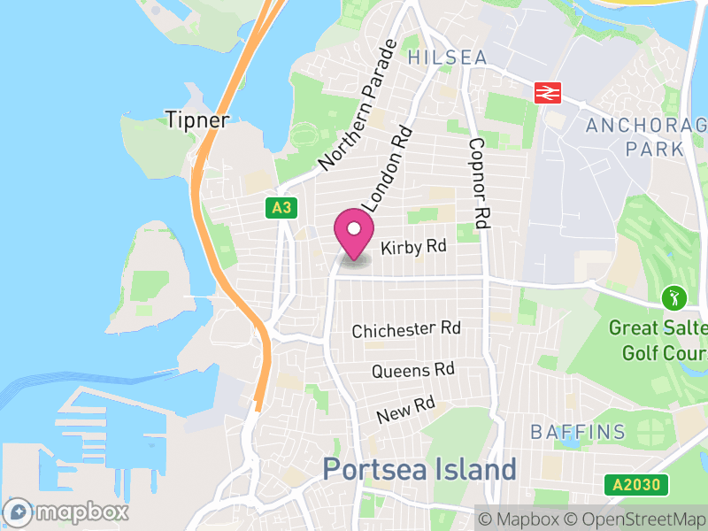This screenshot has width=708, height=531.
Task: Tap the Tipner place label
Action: pos(197,119)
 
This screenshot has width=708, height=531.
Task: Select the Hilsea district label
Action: pos(447,58)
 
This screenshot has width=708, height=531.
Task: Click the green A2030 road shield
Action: pos(635,485)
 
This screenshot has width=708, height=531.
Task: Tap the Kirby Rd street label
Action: pos(412,249)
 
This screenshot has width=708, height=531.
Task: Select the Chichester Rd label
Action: pos(406,330)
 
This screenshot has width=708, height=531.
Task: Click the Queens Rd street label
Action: pos(412,371)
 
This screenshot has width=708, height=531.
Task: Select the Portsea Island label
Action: pos(419,469)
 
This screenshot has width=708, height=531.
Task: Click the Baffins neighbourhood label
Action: pos(578,433)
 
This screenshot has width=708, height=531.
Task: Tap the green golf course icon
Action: pos(674,296)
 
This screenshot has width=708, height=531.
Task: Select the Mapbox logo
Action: pos(66,512)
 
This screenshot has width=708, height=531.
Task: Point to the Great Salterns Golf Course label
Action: pos(658,341)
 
